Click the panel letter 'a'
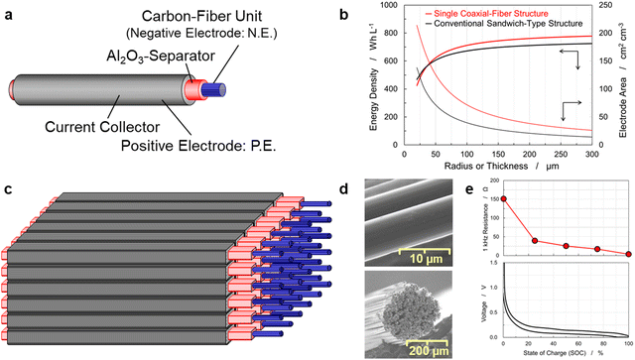[8, 17]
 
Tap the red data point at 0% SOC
[504, 198]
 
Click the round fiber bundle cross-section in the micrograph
[396, 300]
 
